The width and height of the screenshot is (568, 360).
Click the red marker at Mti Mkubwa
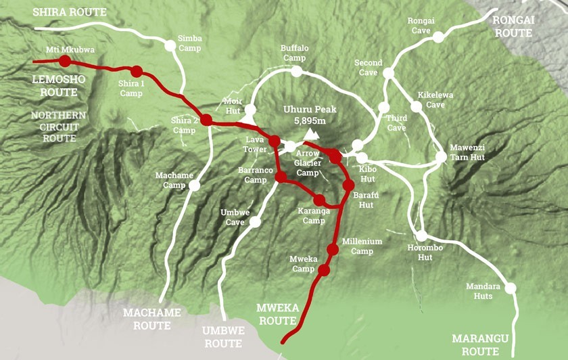click(x=65, y=61)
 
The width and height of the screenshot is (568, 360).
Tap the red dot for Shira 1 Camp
click(x=137, y=71)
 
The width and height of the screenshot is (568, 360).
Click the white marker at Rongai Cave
click(x=438, y=37)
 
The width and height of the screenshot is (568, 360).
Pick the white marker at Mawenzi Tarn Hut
click(x=442, y=156)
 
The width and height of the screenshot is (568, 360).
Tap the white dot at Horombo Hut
click(x=422, y=236)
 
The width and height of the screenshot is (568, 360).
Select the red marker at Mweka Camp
click(x=324, y=271)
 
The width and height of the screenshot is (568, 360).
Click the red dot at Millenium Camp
click(x=332, y=250)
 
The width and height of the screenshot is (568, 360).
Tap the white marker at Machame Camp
click(x=195, y=184)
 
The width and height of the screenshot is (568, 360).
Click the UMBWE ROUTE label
click(x=222, y=336)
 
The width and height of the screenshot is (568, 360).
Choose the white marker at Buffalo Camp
click(x=300, y=69)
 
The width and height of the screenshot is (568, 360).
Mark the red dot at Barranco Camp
click(x=281, y=177)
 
